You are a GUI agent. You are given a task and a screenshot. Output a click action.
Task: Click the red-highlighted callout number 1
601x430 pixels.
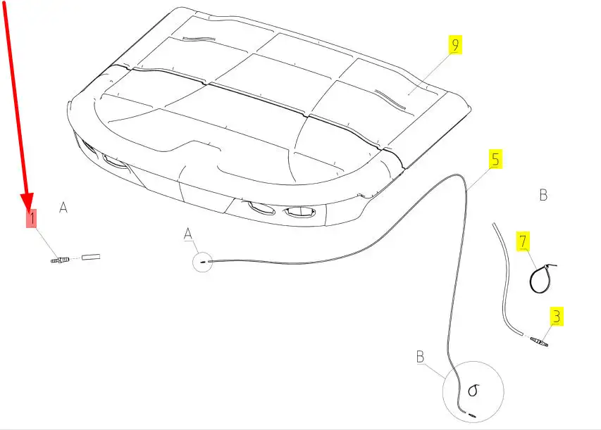[32, 218]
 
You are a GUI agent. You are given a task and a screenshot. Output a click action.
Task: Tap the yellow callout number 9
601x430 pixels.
[455, 45]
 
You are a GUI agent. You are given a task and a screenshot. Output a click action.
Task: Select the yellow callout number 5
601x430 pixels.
[495, 159]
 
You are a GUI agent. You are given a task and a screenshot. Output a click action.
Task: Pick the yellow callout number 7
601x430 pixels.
[523, 241]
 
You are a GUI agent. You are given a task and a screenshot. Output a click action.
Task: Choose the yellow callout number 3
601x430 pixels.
[557, 316]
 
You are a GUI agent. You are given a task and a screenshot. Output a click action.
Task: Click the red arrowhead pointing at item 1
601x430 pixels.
[27, 201]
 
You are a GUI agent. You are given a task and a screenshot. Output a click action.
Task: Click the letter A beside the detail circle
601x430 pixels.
[188, 234]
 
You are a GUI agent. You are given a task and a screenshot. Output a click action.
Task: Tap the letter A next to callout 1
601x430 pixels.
[63, 207]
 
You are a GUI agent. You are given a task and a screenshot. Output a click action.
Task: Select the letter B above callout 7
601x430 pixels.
[543, 195]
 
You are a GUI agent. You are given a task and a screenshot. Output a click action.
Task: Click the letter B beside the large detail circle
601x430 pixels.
[420, 357]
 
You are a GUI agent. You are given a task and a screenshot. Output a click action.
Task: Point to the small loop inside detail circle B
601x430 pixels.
[472, 391]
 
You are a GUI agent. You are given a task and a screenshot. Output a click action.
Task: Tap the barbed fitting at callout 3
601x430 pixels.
[539, 341]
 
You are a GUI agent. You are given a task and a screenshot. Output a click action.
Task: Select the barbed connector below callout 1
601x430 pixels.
[60, 260]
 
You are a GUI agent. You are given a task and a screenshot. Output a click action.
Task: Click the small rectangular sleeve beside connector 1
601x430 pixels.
[91, 257]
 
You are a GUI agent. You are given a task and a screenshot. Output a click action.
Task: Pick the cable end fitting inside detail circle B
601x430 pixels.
[471, 415]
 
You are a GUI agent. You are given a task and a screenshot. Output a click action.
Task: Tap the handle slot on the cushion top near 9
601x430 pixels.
[390, 99]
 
